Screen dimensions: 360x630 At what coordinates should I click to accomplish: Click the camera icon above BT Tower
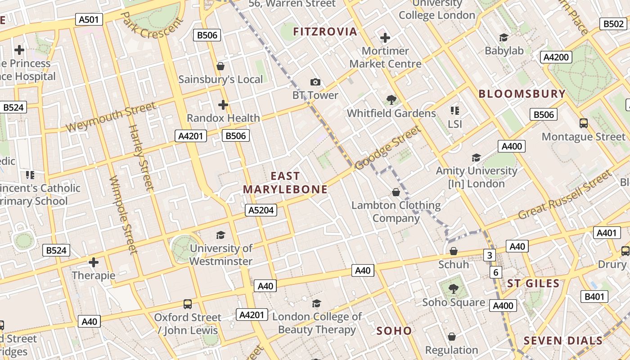coord(315,82)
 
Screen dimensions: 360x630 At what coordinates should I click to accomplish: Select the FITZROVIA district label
coord(325,31)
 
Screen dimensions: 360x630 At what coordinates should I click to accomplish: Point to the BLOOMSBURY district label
coord(522,94)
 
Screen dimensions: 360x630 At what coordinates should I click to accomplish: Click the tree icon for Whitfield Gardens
coord(391,100)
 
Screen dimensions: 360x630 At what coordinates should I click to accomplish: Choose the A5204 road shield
coord(261,210)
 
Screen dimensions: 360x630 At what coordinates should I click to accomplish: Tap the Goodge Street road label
coord(388,148)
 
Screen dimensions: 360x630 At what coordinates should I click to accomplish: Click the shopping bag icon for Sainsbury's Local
coord(220,67)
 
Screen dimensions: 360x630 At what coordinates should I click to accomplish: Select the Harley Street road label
coord(141,157)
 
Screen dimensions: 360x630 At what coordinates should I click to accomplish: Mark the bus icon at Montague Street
coord(584,123)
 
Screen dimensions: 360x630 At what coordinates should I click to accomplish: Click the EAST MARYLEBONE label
coord(285,183)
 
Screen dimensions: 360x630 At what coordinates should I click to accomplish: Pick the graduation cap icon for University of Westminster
coord(220,235)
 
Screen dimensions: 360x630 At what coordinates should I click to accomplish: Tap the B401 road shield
coord(594,297)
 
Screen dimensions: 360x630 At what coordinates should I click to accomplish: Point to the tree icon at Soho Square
coord(453,289)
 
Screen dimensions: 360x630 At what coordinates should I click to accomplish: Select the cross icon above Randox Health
coord(223,105)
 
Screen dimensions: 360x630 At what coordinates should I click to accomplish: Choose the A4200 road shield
coord(556,57)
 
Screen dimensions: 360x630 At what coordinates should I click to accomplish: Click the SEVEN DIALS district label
coord(563,341)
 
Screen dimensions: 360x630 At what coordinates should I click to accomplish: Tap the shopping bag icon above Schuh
coord(454,251)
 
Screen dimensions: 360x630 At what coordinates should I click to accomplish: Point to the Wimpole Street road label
coord(123,214)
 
